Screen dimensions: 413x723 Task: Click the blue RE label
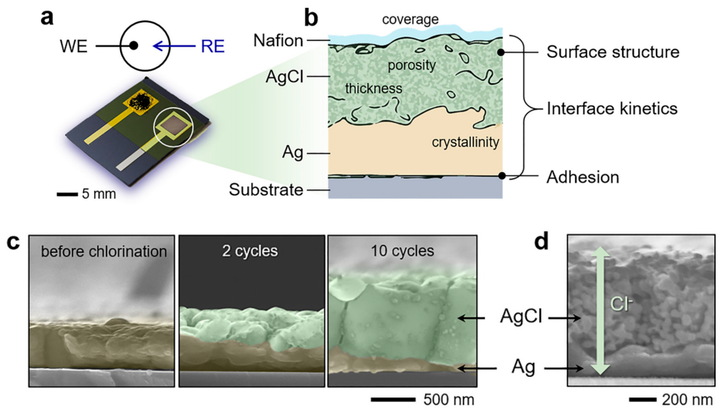[213, 47]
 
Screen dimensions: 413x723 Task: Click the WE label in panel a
[73, 46]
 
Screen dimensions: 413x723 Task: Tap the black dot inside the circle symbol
[134, 45]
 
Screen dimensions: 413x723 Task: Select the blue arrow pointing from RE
[174, 46]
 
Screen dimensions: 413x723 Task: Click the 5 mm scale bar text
[99, 194]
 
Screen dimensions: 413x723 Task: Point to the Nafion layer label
[278, 41]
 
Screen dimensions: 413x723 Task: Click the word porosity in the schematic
[412, 65]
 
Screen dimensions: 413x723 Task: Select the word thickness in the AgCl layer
[374, 89]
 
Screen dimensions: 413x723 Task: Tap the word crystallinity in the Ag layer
[465, 142]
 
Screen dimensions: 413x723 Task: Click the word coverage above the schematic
[410, 19]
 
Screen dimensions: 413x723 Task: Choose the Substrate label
[266, 190]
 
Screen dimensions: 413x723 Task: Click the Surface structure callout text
[613, 52]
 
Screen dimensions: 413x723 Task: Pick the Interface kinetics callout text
[612, 109]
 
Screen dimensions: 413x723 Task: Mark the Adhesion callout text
[583, 177]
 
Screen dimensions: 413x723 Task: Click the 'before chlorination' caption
[104, 251]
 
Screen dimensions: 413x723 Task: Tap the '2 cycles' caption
[250, 251]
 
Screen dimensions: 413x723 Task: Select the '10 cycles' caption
[402, 251]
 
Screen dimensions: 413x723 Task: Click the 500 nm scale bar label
[448, 400]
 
